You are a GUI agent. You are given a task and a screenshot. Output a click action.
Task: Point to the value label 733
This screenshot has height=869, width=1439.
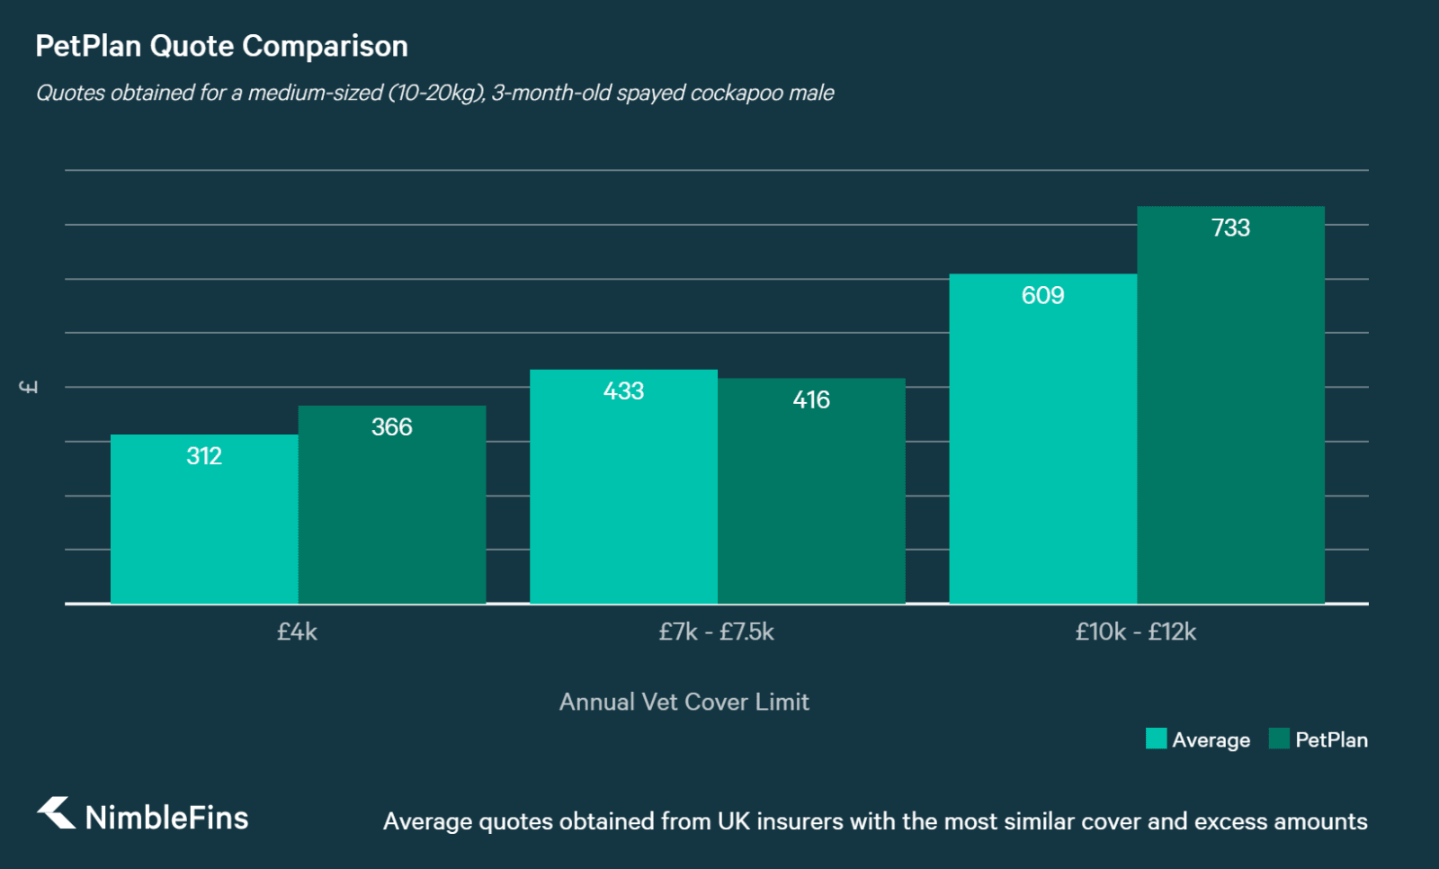[1230, 228]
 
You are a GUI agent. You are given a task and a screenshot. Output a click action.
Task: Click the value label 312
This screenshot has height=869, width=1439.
[204, 456]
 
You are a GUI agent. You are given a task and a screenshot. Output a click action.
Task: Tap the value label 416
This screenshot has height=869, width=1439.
[811, 399]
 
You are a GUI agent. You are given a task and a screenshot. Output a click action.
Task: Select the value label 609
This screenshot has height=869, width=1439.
[1043, 295]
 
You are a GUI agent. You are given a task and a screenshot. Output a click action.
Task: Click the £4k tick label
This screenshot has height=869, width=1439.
[297, 632]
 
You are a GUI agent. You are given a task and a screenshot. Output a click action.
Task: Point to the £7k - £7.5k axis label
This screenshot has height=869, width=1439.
[716, 632]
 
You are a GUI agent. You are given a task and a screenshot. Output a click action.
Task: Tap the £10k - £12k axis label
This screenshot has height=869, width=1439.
[1136, 632]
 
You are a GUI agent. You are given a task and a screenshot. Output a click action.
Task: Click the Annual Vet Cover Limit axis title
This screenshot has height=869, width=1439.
[684, 702]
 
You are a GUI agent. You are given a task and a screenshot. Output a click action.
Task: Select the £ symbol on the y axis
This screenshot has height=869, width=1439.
[29, 387]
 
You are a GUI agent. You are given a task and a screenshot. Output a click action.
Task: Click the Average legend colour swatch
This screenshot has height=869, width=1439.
[1156, 739]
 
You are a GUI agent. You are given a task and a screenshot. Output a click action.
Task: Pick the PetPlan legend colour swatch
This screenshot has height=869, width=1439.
[1279, 739]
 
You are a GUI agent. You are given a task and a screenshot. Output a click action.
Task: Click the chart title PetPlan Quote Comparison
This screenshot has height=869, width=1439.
[221, 46]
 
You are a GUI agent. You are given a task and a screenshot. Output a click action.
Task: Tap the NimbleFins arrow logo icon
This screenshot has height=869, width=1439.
[57, 813]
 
